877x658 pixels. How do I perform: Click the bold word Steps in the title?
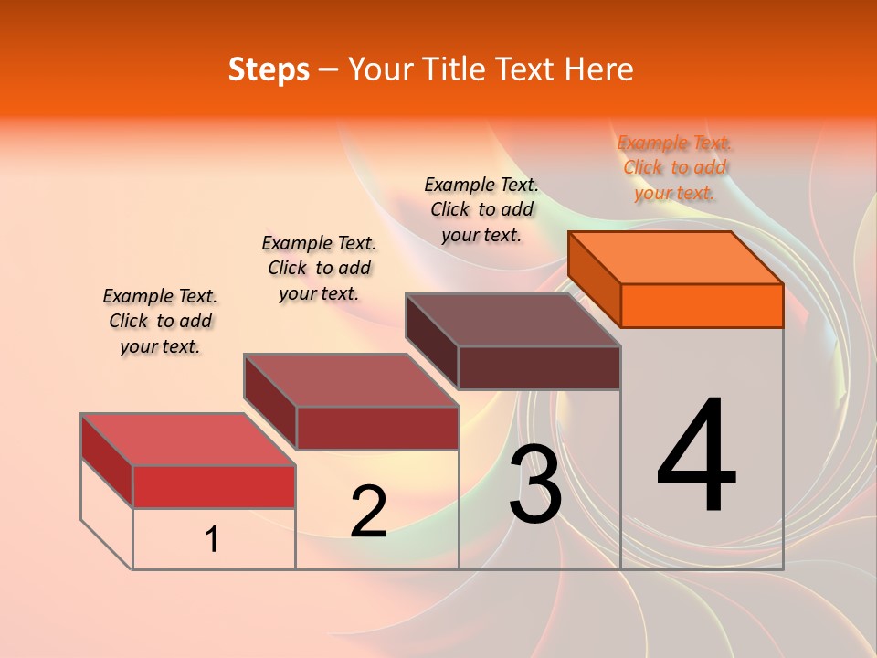269,69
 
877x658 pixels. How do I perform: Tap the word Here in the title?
598,69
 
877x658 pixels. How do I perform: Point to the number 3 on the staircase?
535,484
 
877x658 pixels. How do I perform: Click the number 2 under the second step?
368,511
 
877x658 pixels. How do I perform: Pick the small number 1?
212,539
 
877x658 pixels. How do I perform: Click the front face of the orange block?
702,305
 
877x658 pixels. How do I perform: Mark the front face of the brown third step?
539,367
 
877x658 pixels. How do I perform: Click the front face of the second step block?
377,428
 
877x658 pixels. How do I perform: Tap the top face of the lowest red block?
188,440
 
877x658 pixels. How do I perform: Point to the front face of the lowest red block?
214,486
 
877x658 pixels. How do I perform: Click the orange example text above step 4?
674,167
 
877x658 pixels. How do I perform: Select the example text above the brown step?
481,209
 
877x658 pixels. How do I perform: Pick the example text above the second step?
319,268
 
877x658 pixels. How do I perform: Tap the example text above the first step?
160,321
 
